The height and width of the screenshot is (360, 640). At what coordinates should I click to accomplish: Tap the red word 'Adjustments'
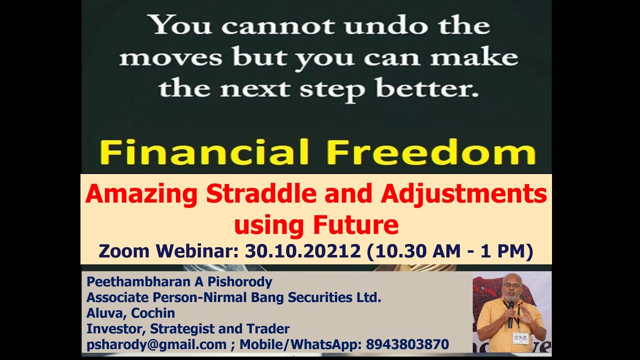click(463, 194)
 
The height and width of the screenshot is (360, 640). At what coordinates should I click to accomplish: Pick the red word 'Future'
click(355, 225)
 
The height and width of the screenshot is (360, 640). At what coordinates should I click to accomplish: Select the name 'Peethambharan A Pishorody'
click(179, 282)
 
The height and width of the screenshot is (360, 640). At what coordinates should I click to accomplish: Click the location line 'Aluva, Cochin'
click(130, 313)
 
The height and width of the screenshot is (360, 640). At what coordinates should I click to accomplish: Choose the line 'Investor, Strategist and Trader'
click(188, 328)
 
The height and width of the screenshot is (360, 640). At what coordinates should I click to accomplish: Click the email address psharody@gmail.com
click(156, 344)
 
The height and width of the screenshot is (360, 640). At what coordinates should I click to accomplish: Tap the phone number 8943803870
click(407, 344)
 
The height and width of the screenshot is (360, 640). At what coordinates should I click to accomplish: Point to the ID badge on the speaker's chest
click(520, 338)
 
